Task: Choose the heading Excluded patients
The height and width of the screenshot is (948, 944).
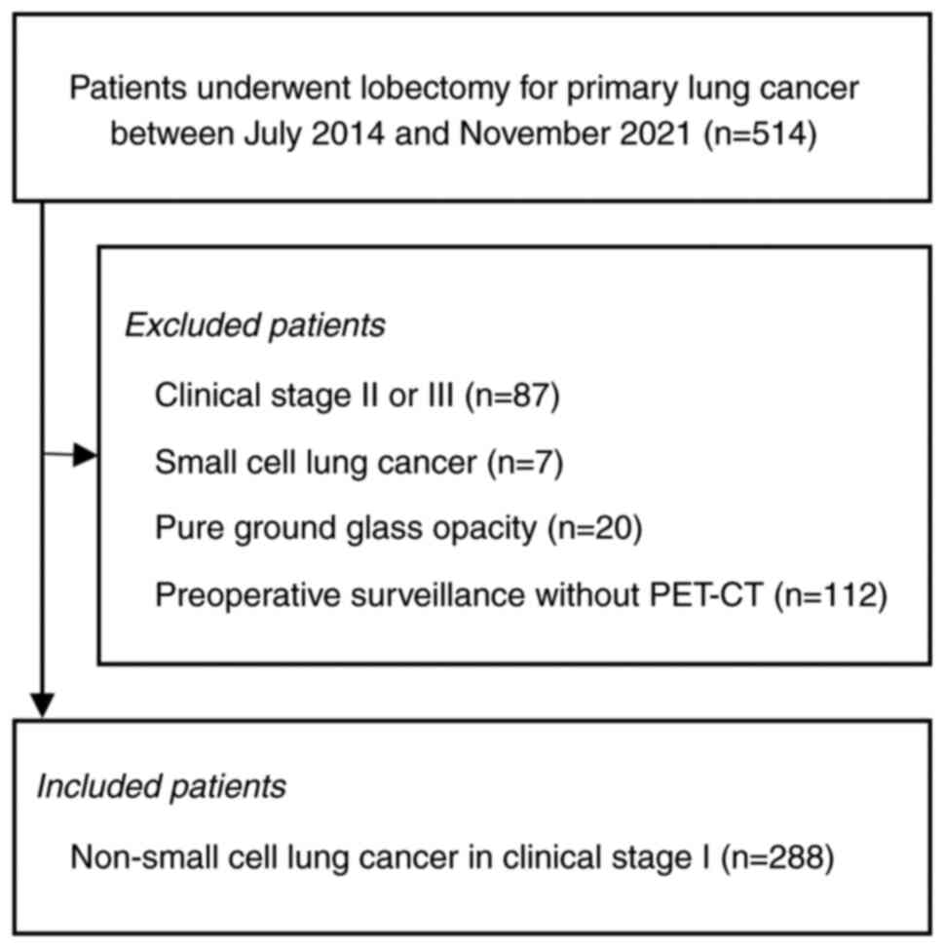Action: [x=255, y=325]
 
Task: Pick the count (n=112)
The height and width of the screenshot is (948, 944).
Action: [x=831, y=595]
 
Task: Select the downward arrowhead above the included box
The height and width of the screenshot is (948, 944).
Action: [x=41, y=704]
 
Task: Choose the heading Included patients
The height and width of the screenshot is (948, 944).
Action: [x=162, y=786]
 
